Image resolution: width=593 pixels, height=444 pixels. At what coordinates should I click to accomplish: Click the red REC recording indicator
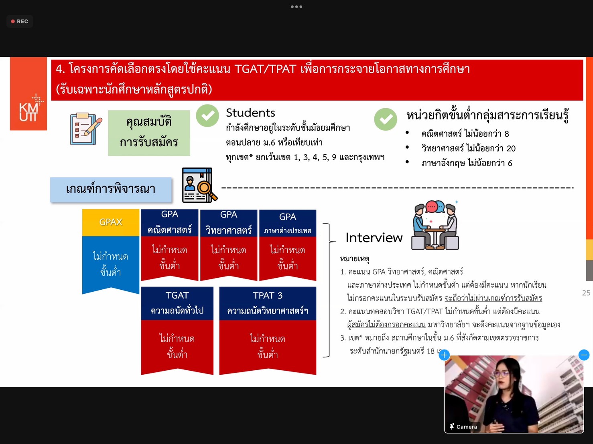[x=20, y=21]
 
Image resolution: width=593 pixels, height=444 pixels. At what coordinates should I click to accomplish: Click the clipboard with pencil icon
[x=86, y=129]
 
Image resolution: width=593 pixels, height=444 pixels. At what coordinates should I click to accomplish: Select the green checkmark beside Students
[x=207, y=115]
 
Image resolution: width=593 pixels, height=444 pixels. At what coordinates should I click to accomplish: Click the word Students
[x=250, y=113]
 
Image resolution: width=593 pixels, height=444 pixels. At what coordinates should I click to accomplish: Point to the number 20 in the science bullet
[x=511, y=148]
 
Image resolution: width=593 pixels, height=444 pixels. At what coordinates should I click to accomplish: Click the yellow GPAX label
[x=111, y=222]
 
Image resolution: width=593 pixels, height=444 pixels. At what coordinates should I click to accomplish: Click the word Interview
[x=374, y=238]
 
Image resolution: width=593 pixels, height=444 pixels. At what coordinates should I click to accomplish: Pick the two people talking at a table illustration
[x=435, y=225]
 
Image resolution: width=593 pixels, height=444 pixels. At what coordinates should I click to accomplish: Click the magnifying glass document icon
[x=199, y=185]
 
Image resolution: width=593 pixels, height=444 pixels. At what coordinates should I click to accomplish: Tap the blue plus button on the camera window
[x=444, y=355]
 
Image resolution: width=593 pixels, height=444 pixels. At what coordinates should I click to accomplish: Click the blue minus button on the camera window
[x=583, y=355]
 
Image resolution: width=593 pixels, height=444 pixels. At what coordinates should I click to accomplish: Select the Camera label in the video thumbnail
[x=467, y=427]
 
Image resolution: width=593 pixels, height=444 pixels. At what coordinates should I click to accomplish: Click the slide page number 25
[x=586, y=293]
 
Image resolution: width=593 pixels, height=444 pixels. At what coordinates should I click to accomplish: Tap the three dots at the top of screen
[x=296, y=7]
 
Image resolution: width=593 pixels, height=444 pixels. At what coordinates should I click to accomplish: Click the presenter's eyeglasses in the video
[x=502, y=373]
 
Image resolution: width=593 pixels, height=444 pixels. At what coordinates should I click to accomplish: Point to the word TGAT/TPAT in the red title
[x=265, y=69]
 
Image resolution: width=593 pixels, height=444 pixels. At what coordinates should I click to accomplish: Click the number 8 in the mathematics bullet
[x=507, y=134]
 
